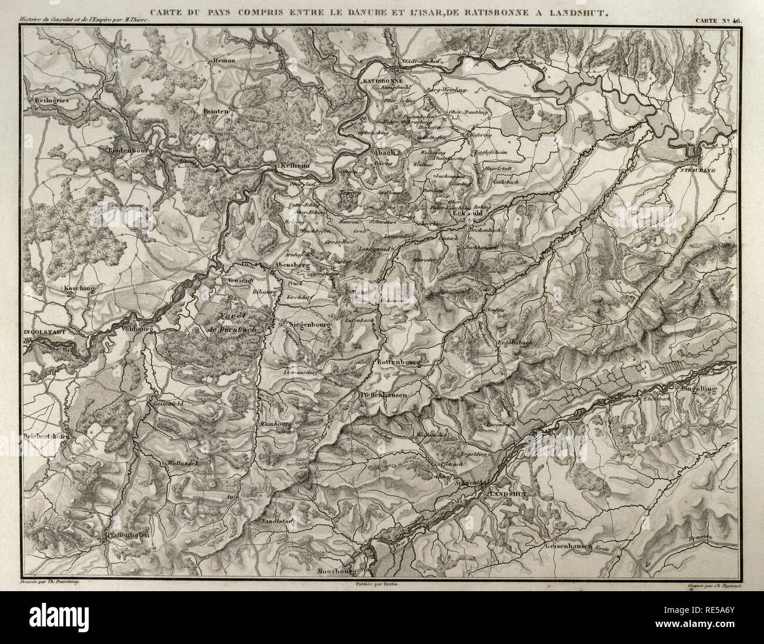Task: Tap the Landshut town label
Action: pos(505,494)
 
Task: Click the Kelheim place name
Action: pos(295,166)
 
